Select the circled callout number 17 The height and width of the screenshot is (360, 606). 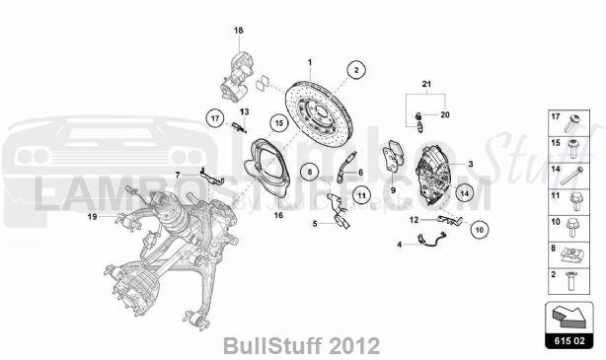tap(214, 118)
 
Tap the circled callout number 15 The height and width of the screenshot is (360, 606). tap(279, 123)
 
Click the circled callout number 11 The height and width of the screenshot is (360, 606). tap(361, 195)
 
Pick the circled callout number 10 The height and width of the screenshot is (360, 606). tap(479, 229)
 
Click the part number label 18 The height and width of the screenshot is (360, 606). tap(238, 32)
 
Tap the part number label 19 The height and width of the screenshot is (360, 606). tap(91, 216)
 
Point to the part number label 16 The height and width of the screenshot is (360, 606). tap(278, 214)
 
